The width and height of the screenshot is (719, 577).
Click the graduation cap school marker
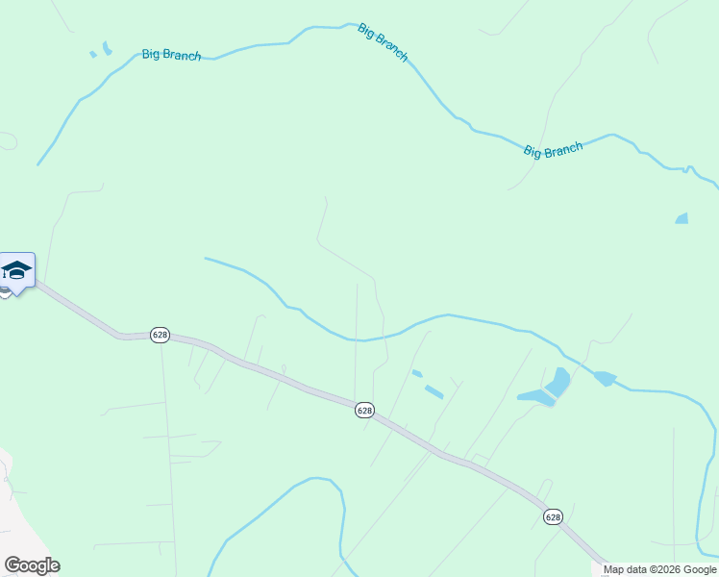pos(17,269)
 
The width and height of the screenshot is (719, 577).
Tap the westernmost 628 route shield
pos(160,335)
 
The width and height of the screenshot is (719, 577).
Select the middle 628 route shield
pos(363,410)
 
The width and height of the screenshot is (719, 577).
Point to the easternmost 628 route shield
pos(552,517)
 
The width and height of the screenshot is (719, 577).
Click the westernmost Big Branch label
pos(171,55)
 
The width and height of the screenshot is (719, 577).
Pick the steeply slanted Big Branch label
pos(383,42)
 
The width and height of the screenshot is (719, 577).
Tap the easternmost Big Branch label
pos(553,150)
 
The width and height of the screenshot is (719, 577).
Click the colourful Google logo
pos(32,565)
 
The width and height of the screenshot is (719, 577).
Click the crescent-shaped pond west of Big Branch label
pos(106,47)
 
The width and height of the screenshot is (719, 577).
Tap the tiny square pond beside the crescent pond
pos(93,54)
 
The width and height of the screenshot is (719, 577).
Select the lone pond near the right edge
pos(682,218)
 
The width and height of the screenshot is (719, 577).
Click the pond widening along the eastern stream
pos(605,378)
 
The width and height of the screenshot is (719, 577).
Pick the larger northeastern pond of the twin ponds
pos(558,382)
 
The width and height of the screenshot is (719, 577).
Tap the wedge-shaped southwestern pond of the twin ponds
pos(534,396)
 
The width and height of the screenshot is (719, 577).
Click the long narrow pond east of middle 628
pos(434,391)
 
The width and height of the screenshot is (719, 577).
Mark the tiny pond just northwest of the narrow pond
pos(416,373)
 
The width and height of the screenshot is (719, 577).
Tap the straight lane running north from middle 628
pos(357,337)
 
